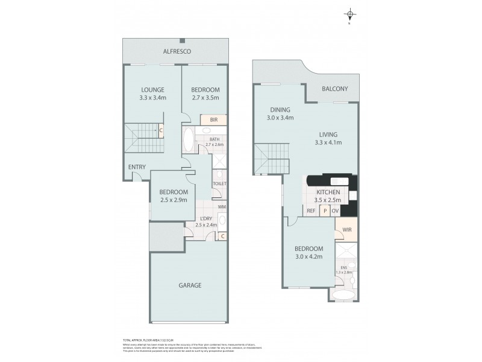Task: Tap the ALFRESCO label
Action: tap(177, 52)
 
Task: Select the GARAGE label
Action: tap(189, 285)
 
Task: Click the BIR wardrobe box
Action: tap(213, 120)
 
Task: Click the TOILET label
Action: tap(219, 183)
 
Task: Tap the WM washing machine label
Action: tap(221, 207)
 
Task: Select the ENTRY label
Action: tap(136, 167)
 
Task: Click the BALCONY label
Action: tap(334, 89)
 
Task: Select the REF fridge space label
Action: tap(311, 211)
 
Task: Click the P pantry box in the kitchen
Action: tap(325, 211)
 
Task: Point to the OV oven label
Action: tap(336, 211)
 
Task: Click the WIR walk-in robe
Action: tap(346, 230)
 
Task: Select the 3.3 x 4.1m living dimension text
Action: tap(328, 142)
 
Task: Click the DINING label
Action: tap(280, 110)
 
